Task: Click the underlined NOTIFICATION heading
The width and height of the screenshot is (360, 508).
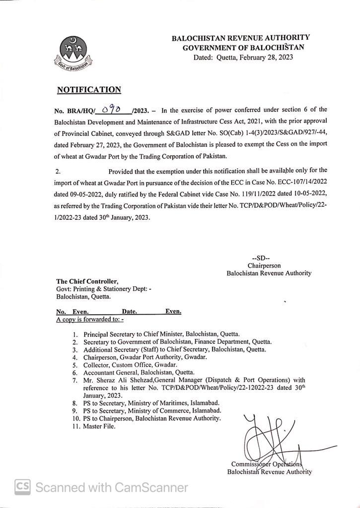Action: click(89, 90)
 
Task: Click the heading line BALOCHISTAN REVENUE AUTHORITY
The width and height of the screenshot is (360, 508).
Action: click(240, 37)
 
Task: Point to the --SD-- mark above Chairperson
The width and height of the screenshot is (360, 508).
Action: click(261, 258)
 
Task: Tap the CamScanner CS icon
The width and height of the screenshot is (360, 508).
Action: click(22, 487)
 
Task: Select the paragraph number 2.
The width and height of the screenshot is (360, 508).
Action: click(58, 171)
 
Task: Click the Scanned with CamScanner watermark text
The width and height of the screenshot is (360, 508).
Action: click(112, 488)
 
